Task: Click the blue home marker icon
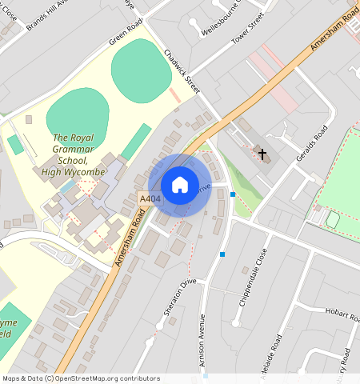pyautogui.click(x=180, y=185)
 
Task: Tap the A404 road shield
pyautogui.click(x=149, y=198)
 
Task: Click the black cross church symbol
pyautogui.click(x=262, y=152)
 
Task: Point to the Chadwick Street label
pyautogui.click(x=182, y=67)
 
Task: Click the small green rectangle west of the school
pyautogui.click(x=15, y=145)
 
